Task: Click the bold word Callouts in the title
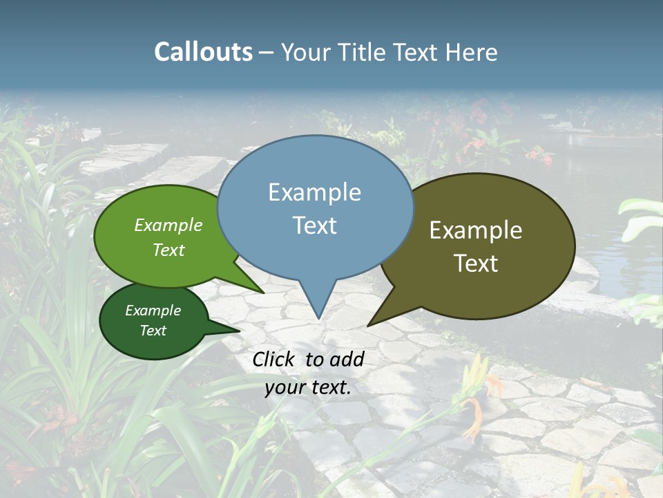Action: tap(203, 53)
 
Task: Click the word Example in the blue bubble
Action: tap(314, 192)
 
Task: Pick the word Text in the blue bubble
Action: tap(314, 225)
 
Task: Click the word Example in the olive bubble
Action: tap(476, 230)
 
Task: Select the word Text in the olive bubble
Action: tap(476, 263)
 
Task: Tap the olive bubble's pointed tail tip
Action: tap(368, 326)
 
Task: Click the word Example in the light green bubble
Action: tap(168, 225)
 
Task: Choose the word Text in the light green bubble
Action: tap(168, 250)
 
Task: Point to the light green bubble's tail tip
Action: tap(264, 293)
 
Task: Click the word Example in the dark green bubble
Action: tap(153, 311)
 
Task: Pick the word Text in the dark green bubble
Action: tap(153, 331)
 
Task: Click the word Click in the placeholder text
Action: tap(276, 359)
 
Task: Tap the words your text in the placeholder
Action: tap(307, 388)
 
